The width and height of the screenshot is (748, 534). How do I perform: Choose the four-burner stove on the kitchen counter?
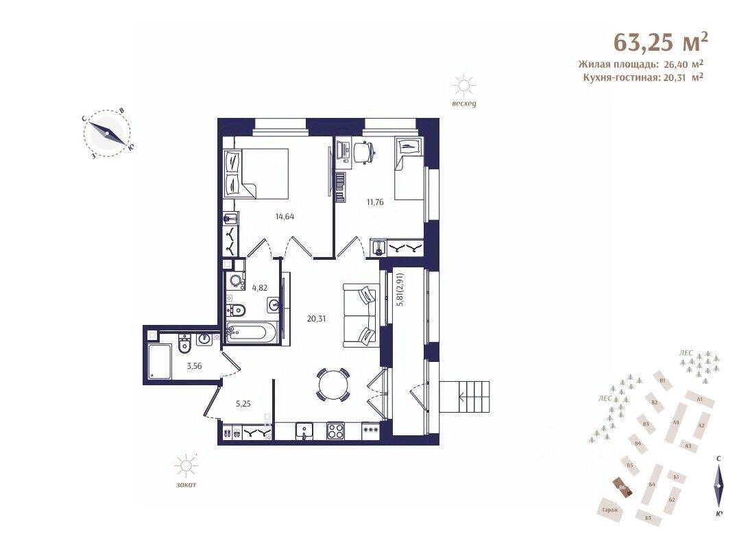point(336,431)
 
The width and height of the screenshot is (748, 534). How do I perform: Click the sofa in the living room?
point(360,316)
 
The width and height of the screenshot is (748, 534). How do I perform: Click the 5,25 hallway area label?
point(243,404)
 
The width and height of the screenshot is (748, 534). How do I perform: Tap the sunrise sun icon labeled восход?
point(464,86)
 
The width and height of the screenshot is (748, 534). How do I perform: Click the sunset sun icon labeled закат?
point(185,468)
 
